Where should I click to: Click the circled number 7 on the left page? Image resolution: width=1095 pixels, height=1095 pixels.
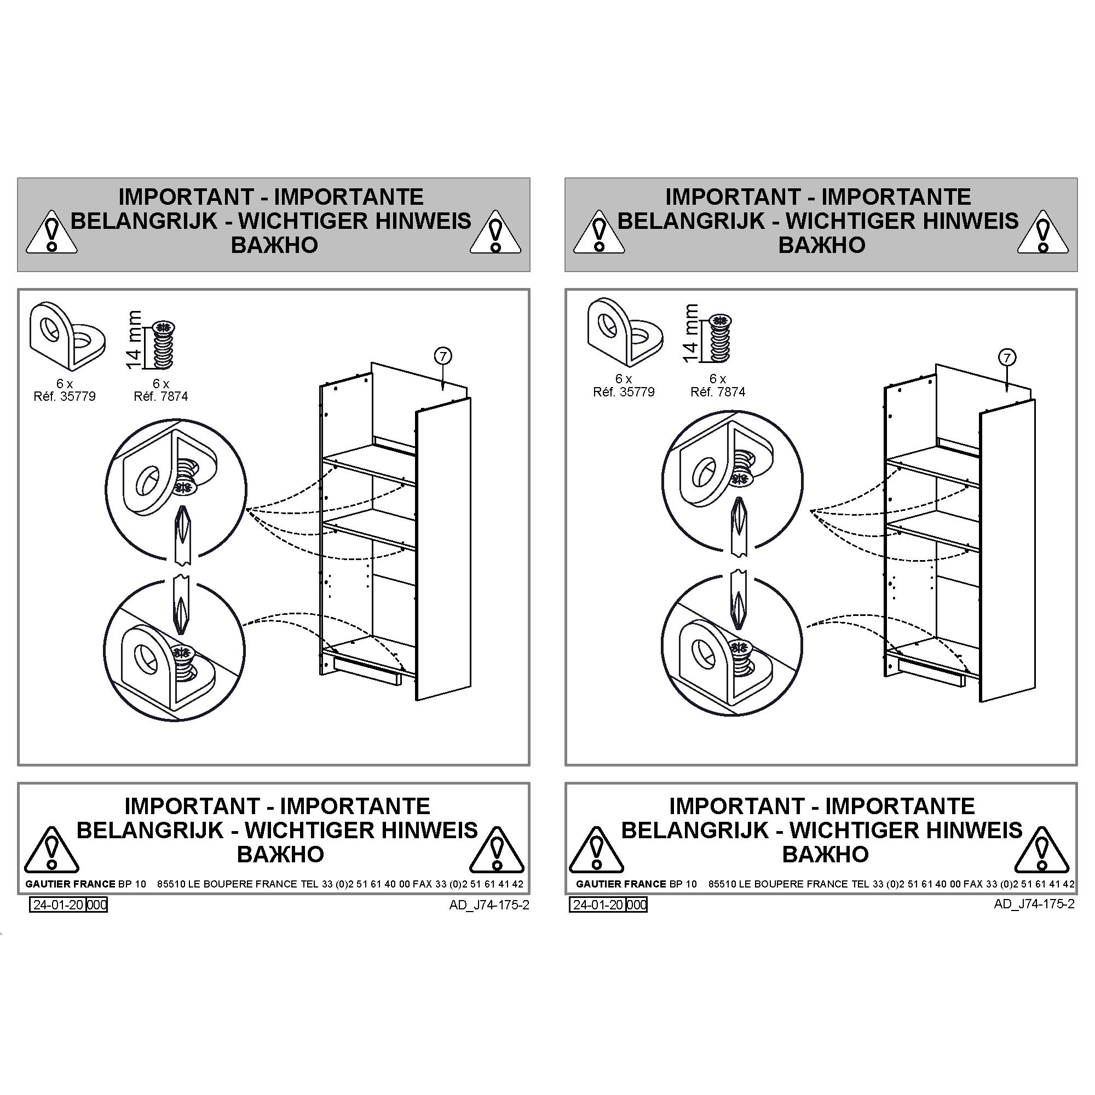(442, 356)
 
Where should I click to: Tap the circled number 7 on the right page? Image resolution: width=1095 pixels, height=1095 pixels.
(1007, 358)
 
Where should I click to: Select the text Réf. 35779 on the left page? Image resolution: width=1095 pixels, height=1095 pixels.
(65, 396)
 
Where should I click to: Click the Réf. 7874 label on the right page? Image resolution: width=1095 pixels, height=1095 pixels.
(718, 391)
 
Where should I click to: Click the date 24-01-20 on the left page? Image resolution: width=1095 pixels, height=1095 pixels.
(58, 904)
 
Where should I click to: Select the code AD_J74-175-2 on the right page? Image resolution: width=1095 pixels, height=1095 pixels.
(1034, 903)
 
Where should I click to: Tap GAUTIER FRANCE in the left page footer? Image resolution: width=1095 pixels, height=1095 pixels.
(70, 884)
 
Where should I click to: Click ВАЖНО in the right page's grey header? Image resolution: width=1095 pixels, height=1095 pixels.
(822, 245)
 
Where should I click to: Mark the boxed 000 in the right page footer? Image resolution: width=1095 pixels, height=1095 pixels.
(637, 904)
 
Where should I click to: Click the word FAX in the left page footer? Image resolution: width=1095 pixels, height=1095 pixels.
(422, 884)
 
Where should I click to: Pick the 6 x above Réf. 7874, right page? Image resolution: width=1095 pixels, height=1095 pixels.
(718, 379)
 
